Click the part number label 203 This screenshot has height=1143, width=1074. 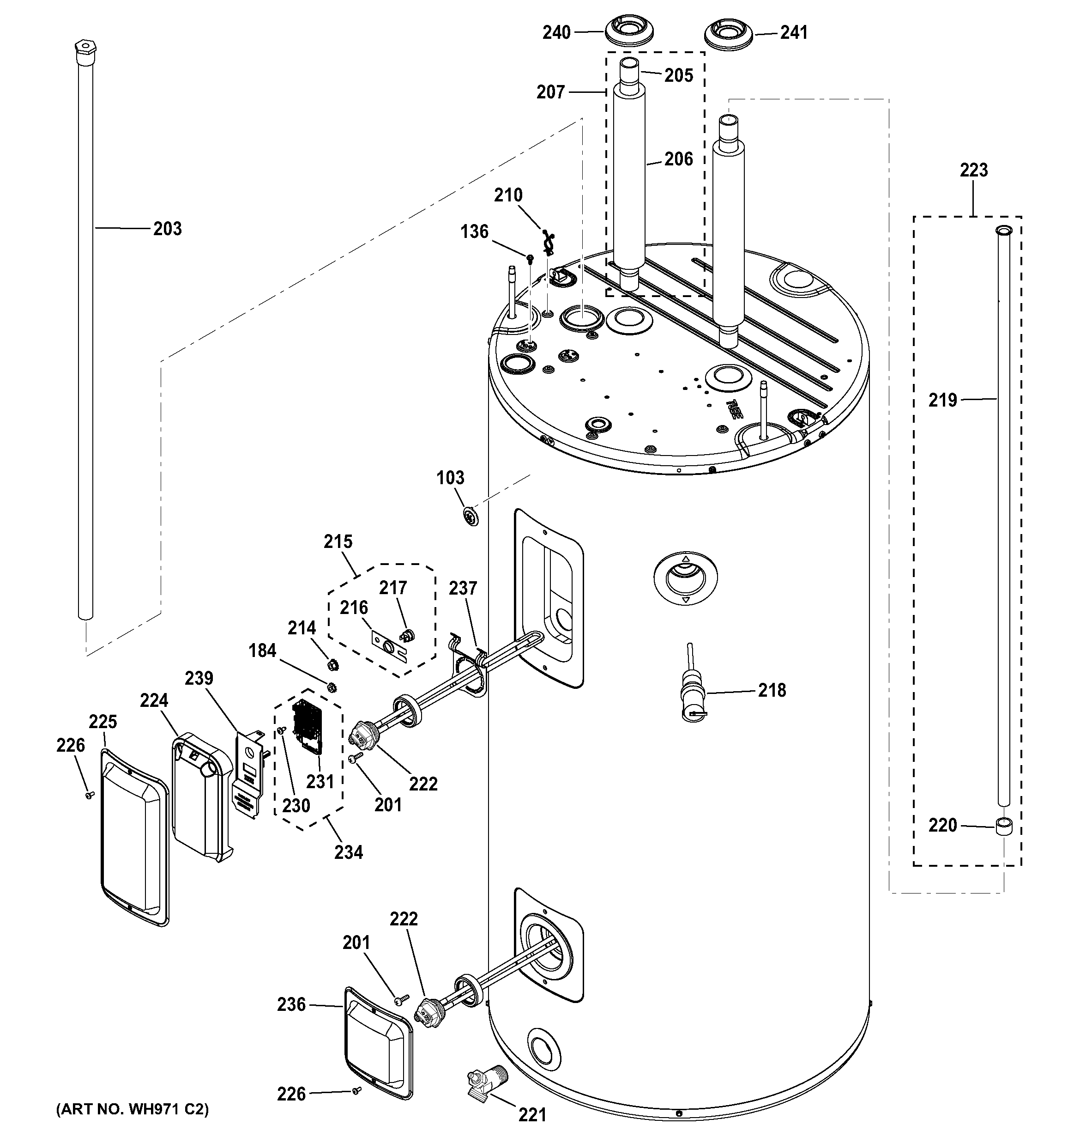pos(167,229)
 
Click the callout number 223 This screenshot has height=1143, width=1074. pos(973,170)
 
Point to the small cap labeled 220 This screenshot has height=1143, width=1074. pos(1003,828)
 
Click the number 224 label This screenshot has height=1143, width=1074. pos(154,700)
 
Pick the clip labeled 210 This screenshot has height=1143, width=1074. pos(548,242)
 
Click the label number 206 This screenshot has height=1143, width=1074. pos(679,159)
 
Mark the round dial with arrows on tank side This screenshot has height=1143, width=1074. pos(685,579)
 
